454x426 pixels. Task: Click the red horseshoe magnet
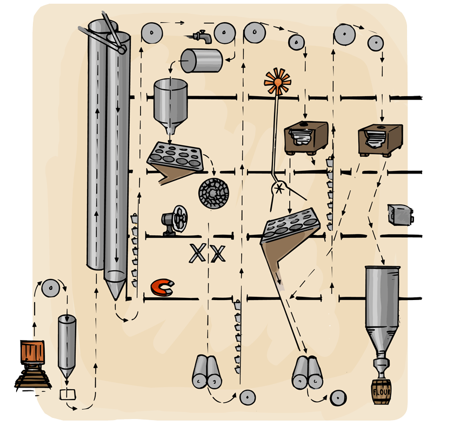[162, 288]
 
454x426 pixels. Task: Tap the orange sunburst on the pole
[277, 82]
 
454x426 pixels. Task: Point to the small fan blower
[175, 221]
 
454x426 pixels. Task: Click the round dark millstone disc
[213, 192]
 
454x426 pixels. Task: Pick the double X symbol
[207, 253]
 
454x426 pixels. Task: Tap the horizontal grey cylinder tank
[201, 61]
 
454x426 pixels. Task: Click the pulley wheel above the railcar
[50, 289]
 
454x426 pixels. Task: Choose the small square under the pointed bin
[68, 394]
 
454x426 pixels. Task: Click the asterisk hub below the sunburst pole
[279, 188]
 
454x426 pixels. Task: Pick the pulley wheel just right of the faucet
[223, 34]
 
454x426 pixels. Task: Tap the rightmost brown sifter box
[381, 137]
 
